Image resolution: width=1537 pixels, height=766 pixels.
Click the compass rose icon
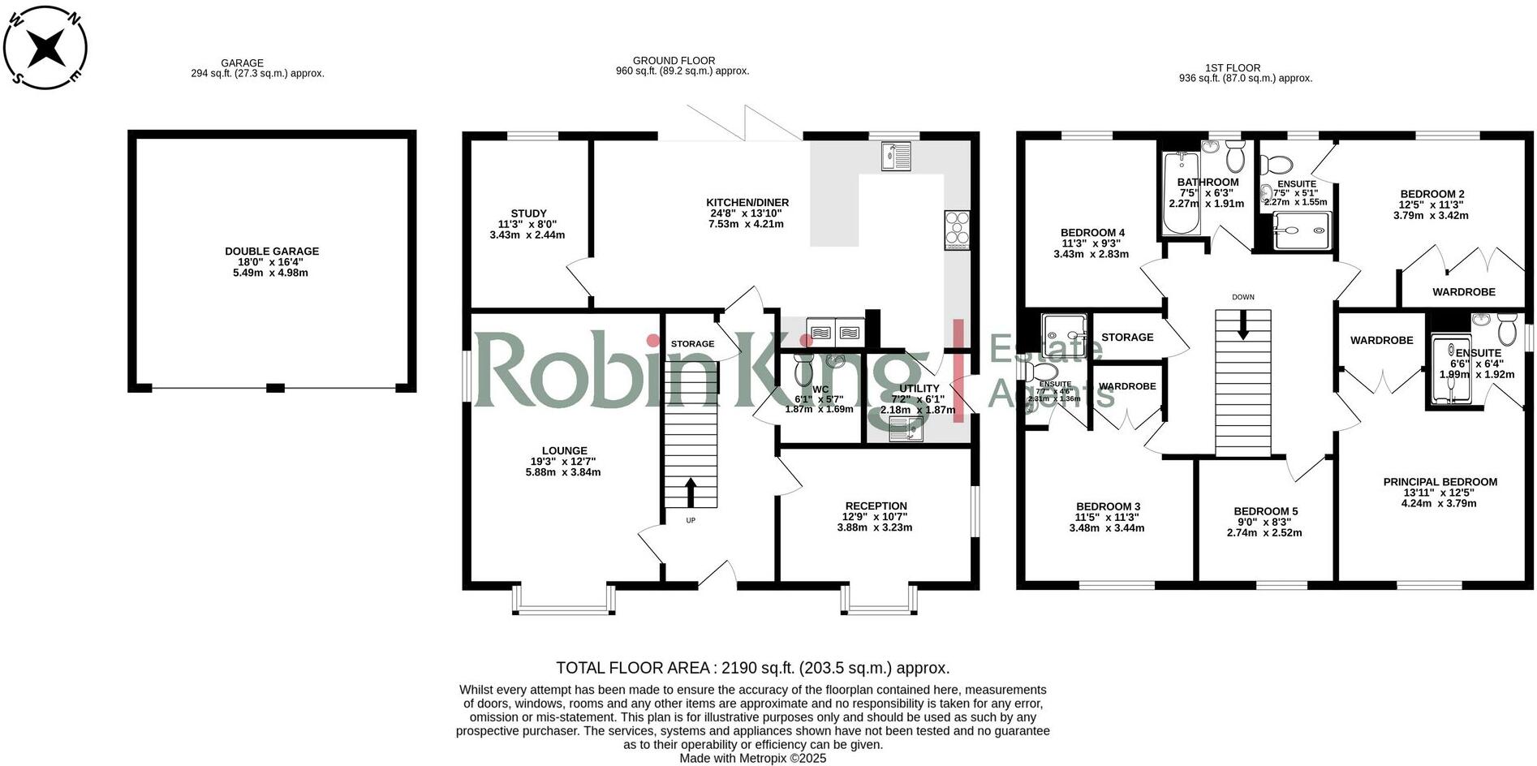pos(45,46)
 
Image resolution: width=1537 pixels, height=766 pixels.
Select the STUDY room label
pos(528,213)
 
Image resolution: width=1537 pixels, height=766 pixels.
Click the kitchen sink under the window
pos(896,156)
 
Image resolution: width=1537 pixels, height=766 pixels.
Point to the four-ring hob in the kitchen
pos(957,230)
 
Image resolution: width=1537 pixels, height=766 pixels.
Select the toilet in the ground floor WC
pos(803,372)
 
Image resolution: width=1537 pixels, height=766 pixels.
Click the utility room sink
pos(900,430)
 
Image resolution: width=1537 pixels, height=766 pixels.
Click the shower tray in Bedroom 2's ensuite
pos(1302,230)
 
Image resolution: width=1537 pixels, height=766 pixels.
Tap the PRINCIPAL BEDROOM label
pos(1440,482)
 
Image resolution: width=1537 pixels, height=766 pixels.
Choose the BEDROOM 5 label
pos(1265,511)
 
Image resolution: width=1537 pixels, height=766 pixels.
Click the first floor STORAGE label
pos(1127,337)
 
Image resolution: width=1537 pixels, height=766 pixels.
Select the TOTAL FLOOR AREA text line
pos(752,668)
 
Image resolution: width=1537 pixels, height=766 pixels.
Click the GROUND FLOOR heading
pos(674,61)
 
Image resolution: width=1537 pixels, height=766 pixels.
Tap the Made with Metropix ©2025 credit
pos(752,758)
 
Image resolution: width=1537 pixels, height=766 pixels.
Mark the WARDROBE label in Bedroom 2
pos(1463,292)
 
